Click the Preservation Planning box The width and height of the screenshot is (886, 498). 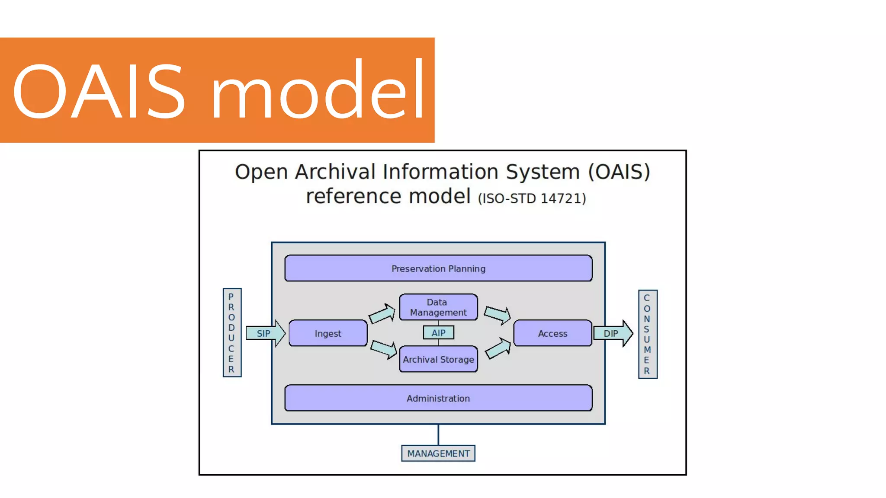point(438,268)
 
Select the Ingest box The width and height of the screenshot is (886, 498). point(328,333)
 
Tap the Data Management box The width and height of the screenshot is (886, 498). point(438,307)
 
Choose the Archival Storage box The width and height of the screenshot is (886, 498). point(438,359)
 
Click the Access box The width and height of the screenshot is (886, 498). point(552,333)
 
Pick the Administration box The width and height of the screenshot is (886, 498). point(438,398)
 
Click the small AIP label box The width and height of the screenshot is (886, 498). point(438,333)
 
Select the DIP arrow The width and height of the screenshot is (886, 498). point(613,333)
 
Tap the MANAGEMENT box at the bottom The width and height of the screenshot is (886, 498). point(438,453)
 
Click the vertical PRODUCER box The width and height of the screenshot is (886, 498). point(232,333)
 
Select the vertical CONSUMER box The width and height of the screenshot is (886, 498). point(647,334)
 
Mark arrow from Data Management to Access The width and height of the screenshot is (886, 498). point(498,315)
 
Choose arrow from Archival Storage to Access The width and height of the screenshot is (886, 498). point(498,348)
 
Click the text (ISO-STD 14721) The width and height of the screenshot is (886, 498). point(532,198)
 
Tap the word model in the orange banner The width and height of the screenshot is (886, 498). point(318,91)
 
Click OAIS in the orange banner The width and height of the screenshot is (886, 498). point(100,91)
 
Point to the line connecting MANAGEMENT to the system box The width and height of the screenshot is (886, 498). point(438,434)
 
